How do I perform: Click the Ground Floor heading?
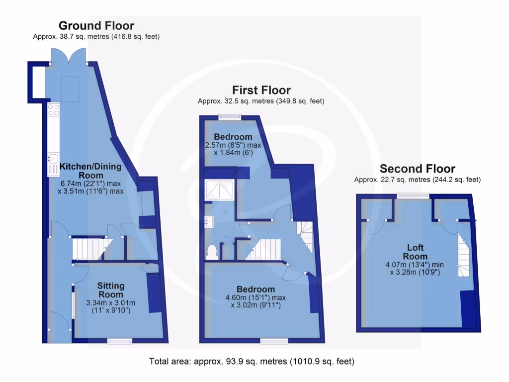96,25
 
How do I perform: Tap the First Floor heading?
261,90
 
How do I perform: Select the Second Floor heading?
418,169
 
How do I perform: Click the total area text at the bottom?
252,362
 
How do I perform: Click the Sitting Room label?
111,290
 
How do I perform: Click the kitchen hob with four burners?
53,110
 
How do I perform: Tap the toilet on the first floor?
212,252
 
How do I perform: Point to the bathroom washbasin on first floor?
208,221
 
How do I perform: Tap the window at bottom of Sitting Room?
120,341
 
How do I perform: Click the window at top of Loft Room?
413,196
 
